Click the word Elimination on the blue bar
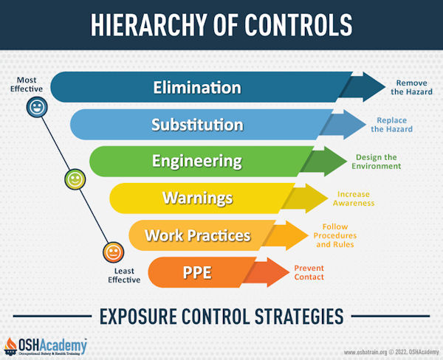click(x=197, y=87)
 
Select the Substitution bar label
click(x=197, y=124)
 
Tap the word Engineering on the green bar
click(x=197, y=161)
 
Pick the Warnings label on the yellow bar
click(x=197, y=198)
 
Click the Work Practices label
click(x=198, y=235)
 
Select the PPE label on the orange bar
click(x=197, y=273)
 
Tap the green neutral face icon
click(x=75, y=179)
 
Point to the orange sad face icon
click(x=112, y=252)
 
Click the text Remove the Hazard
click(x=412, y=87)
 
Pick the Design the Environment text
click(x=377, y=161)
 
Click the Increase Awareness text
click(x=354, y=198)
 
